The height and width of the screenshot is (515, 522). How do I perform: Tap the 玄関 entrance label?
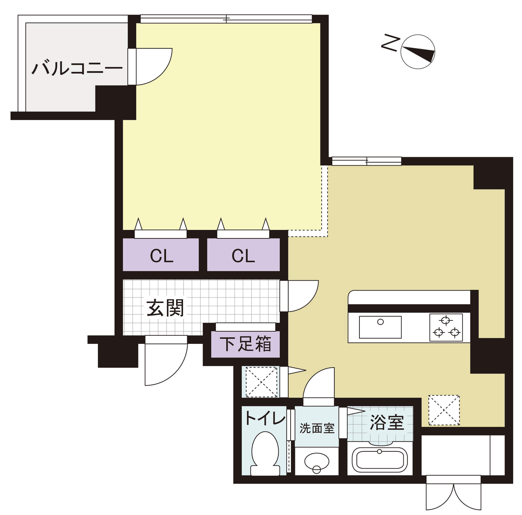point(165,308)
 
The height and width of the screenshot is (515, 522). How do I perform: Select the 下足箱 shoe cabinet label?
point(245,344)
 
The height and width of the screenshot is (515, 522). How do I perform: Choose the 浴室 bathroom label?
point(387,422)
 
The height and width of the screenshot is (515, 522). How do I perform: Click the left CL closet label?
point(161,256)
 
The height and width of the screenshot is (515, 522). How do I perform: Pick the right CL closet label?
point(243,256)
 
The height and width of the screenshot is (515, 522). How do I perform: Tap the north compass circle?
point(418,52)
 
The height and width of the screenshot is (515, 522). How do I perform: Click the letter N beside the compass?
point(390,43)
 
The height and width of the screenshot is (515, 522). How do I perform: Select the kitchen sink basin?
point(380,327)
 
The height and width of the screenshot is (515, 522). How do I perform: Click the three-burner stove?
point(446,327)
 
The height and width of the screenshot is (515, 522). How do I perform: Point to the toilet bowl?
point(265,453)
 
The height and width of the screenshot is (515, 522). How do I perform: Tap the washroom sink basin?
point(317,462)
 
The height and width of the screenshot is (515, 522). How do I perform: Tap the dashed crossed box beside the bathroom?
point(444,410)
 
